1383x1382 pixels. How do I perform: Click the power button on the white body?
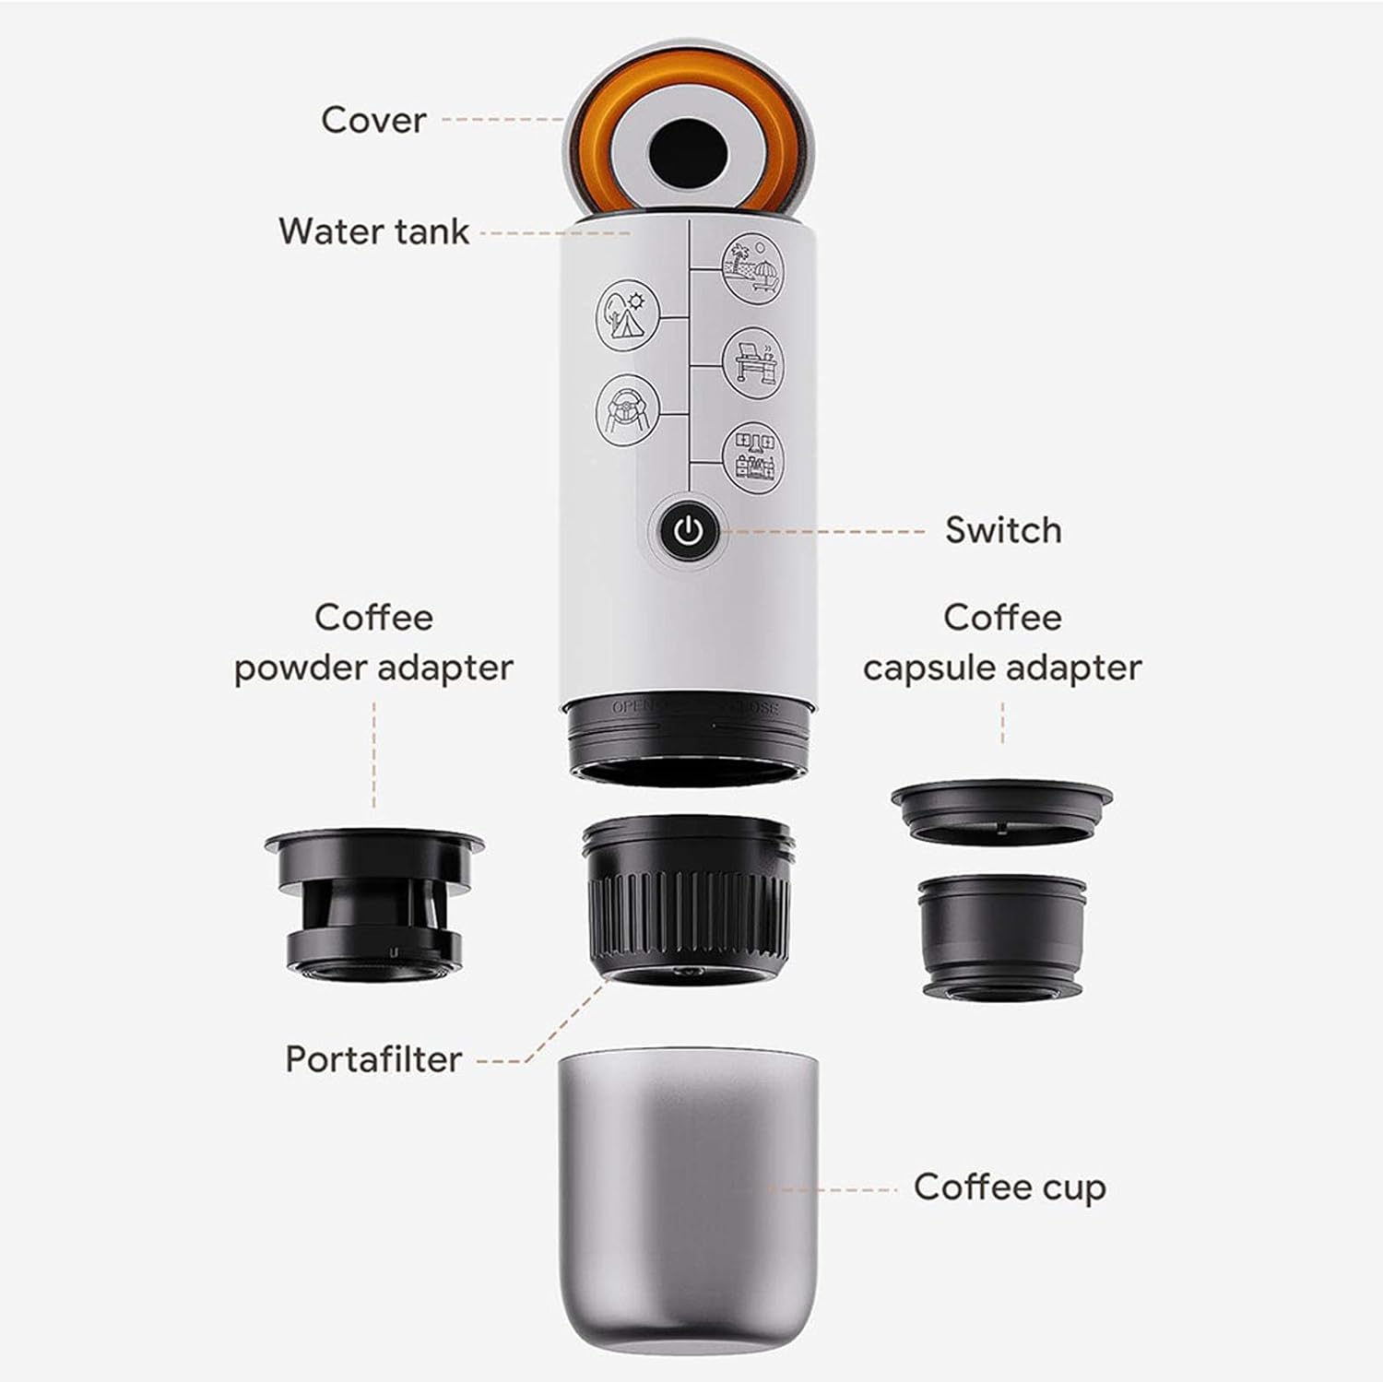tap(689, 531)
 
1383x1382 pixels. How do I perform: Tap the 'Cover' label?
tap(373, 120)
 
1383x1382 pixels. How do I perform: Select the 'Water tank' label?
tap(374, 230)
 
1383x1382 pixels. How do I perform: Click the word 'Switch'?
tap(1003, 530)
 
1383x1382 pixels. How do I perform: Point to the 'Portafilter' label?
tap(373, 1059)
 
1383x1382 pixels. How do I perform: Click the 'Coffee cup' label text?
tap(1010, 1187)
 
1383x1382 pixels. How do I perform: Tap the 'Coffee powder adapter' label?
tap(373, 643)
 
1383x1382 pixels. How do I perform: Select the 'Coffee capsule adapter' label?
tap(1002, 643)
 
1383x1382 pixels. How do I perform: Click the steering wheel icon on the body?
tap(629, 407)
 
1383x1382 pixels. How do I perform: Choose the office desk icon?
tap(753, 364)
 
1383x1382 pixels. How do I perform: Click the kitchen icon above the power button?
tap(753, 455)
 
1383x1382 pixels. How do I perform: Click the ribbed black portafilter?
tap(688, 899)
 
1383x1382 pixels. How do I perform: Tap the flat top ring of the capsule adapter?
tap(1001, 811)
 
